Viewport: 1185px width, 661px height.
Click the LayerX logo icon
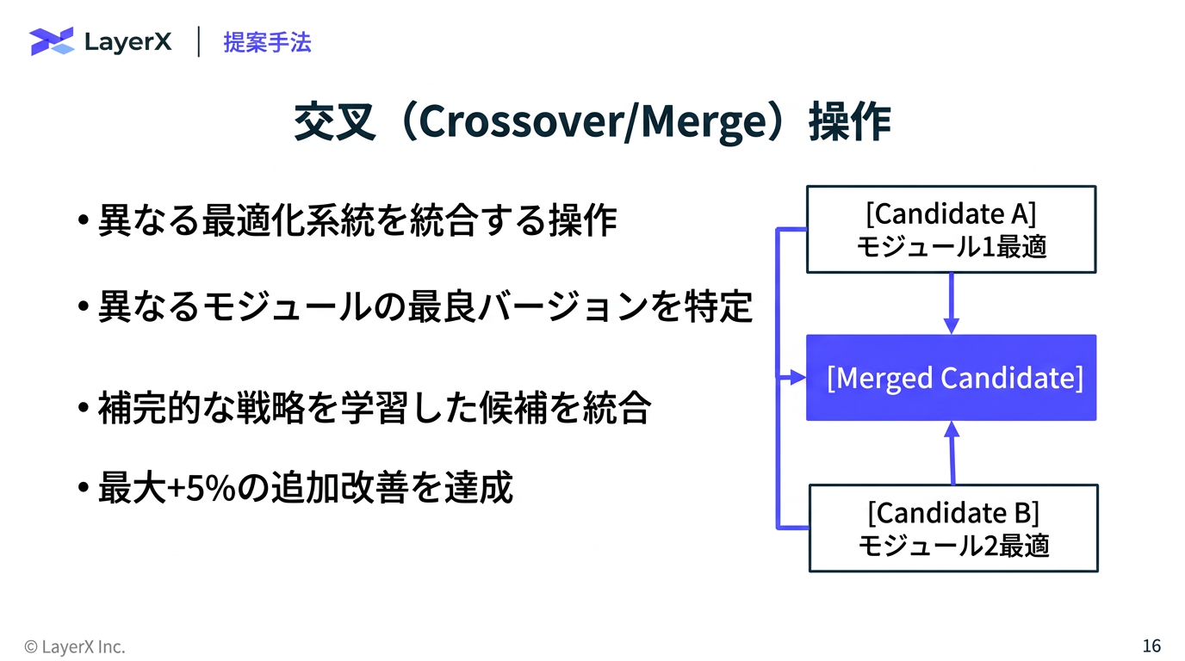[x=52, y=41]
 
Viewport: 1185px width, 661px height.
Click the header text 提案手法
[x=267, y=42]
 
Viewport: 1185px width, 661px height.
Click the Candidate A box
[x=951, y=229]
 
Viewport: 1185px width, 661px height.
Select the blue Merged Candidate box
[x=951, y=378]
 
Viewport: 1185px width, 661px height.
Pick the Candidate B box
[x=953, y=528]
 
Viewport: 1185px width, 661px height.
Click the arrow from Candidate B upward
[x=952, y=452]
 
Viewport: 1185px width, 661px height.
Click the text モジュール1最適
[x=951, y=247]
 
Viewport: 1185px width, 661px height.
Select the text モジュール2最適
[x=953, y=545]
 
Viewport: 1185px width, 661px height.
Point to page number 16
[x=1151, y=646]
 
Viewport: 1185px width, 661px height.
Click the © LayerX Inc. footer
[x=75, y=646]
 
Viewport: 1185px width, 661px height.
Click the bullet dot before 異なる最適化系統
[x=83, y=222]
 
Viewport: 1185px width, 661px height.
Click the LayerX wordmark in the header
[x=127, y=42]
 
